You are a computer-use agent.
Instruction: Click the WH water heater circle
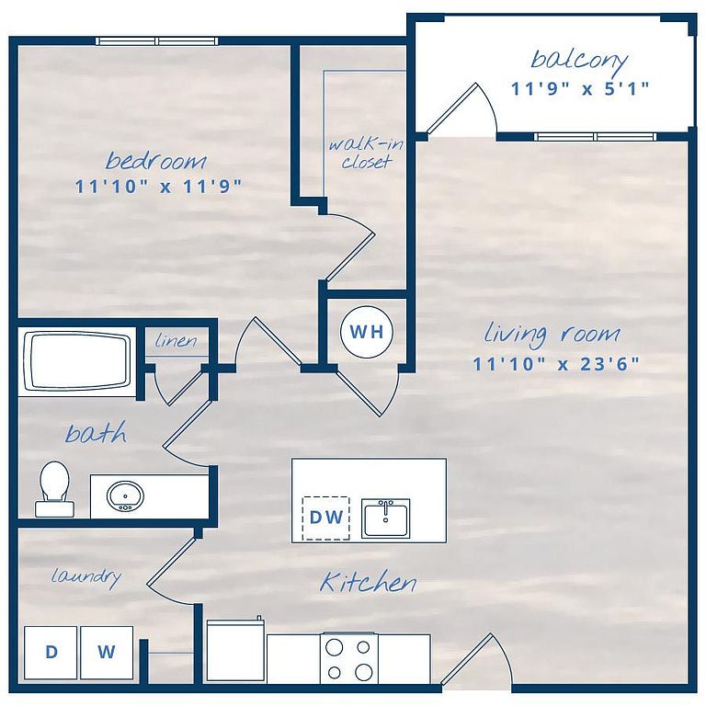(x=367, y=332)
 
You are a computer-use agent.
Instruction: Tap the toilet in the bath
(x=53, y=488)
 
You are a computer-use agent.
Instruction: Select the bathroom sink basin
(x=125, y=496)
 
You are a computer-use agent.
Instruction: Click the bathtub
(x=76, y=361)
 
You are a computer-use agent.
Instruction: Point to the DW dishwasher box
(x=326, y=518)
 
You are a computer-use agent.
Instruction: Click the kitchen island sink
(x=385, y=518)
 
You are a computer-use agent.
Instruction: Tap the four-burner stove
(x=349, y=659)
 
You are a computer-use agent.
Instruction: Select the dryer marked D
(x=51, y=653)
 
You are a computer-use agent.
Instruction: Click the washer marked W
(x=107, y=653)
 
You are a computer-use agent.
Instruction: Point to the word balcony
(x=579, y=61)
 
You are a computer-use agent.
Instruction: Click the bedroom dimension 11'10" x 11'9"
(x=157, y=186)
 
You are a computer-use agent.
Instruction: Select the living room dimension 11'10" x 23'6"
(x=555, y=364)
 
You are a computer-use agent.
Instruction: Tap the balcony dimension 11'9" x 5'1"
(x=579, y=88)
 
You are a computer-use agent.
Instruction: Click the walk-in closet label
(x=366, y=154)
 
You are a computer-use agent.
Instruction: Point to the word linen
(x=176, y=340)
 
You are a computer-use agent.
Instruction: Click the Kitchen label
(x=368, y=582)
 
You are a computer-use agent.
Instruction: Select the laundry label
(x=86, y=577)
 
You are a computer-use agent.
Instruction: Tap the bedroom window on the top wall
(x=157, y=41)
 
